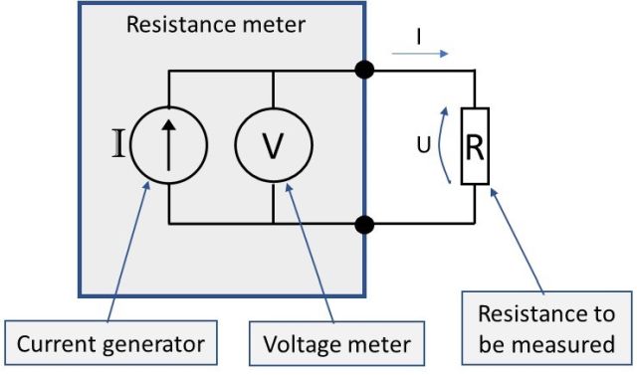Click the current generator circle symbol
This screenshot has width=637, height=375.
click(x=169, y=145)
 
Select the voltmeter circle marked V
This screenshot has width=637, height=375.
click(x=272, y=145)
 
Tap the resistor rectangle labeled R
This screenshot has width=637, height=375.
click(x=475, y=147)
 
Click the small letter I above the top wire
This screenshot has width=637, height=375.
click(x=418, y=35)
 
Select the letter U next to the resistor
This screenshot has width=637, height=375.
click(x=423, y=147)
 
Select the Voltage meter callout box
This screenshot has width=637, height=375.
click(x=336, y=344)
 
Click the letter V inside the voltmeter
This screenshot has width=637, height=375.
click(x=272, y=146)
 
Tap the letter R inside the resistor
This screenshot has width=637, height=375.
click(x=475, y=147)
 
